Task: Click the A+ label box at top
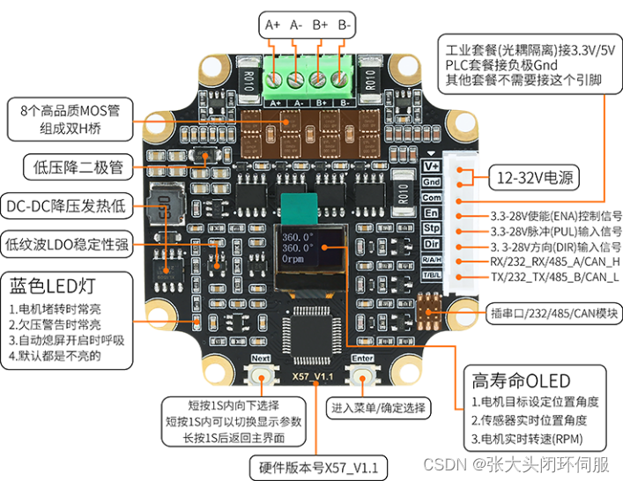coord(273,26)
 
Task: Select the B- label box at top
coord(345,26)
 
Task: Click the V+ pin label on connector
coord(432,166)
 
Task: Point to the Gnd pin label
coord(432,181)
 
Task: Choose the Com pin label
coord(432,197)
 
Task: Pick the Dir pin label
coord(432,244)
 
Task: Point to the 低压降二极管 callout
coord(78,166)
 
